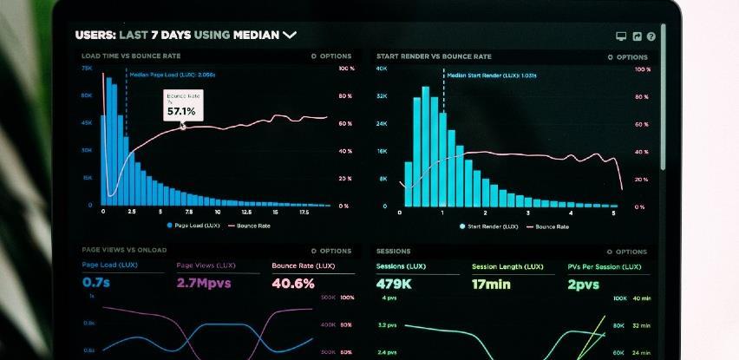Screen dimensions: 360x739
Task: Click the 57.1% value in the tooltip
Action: pyautogui.click(x=181, y=111)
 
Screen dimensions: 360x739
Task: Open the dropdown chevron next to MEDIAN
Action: pyautogui.click(x=290, y=35)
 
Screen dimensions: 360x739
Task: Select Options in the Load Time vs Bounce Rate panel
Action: pyautogui.click(x=331, y=56)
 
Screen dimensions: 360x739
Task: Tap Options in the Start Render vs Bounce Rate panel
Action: pyautogui.click(x=626, y=56)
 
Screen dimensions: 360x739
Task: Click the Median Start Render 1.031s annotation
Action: pyautogui.click(x=491, y=75)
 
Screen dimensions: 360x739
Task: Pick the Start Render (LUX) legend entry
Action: pyautogui.click(x=490, y=226)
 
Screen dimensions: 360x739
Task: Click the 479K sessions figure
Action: pyautogui.click(x=393, y=284)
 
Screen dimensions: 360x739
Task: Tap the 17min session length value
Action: pyautogui.click(x=491, y=284)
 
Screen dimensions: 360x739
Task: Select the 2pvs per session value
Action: pyautogui.click(x=583, y=284)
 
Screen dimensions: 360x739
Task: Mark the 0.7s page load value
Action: pyautogui.click(x=96, y=283)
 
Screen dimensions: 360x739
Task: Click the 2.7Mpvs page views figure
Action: pyautogui.click(x=202, y=283)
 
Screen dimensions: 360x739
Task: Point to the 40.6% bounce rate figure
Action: pyautogui.click(x=293, y=283)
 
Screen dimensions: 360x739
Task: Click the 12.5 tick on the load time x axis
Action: pyautogui.click(x=246, y=213)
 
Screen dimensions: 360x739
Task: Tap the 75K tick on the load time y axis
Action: pyautogui.click(x=87, y=68)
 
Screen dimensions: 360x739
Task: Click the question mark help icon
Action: pyautogui.click(x=651, y=36)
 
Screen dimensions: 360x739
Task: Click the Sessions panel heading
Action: pyautogui.click(x=393, y=252)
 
